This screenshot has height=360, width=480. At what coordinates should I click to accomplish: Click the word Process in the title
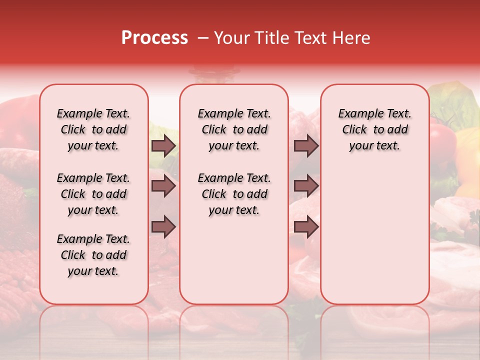(154, 38)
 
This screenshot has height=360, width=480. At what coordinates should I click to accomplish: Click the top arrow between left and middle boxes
(163, 146)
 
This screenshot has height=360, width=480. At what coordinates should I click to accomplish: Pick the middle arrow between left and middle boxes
(163, 186)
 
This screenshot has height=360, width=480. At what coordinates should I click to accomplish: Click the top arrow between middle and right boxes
(306, 146)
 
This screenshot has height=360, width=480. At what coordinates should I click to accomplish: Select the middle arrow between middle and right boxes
(306, 186)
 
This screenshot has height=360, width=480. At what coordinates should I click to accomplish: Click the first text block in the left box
(93, 130)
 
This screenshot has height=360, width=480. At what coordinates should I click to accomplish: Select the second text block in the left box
(93, 194)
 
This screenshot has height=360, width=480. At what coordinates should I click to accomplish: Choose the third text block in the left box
(93, 255)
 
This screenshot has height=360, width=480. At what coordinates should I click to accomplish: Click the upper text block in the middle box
(234, 130)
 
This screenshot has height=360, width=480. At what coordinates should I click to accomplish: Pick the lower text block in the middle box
(234, 194)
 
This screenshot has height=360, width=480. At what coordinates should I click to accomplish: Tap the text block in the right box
(374, 130)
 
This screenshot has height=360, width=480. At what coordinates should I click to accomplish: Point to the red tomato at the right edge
(443, 140)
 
